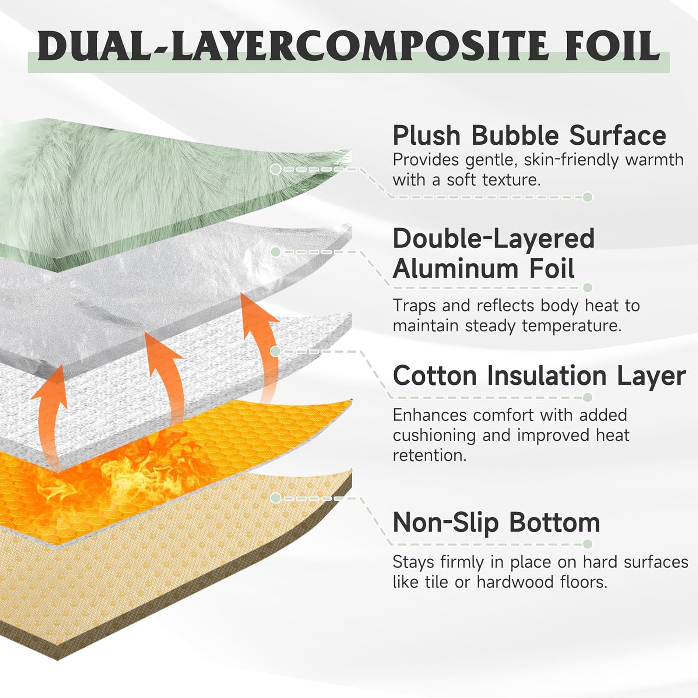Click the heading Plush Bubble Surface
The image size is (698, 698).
coord(529,135)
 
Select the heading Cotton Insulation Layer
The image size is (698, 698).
coord(539,376)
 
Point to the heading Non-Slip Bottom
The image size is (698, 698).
coord(496,522)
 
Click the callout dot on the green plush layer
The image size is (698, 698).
coord(275,169)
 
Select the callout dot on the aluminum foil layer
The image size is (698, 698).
coord(275,252)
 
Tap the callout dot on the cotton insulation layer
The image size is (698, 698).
coord(275,351)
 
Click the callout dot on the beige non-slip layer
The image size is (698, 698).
coord(275,498)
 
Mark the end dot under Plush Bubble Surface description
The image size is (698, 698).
coord(588,197)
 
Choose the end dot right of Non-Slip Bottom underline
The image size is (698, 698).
coord(588,544)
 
